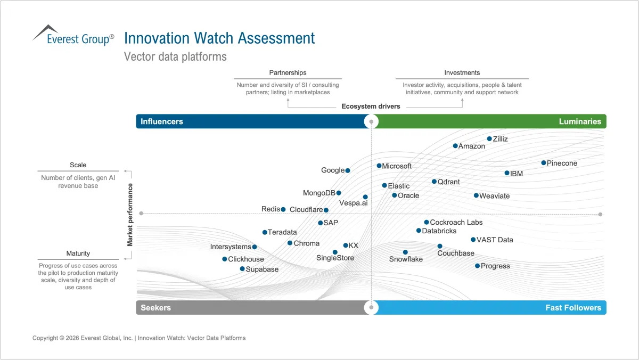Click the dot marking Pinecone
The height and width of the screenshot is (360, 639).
pos(544,163)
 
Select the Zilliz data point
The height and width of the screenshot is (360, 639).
pos(489,139)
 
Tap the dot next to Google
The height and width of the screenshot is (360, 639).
pos(347,170)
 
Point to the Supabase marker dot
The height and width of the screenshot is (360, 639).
pos(242,269)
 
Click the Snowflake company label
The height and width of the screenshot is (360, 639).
pos(406,259)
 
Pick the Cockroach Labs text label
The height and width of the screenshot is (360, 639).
pos(456,222)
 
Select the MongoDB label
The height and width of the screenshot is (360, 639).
pos(319,193)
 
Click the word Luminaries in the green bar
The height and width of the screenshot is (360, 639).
pos(580,121)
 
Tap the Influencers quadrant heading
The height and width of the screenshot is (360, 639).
pos(162,121)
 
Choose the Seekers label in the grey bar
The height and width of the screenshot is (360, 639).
pos(155,307)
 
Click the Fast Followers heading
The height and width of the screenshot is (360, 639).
pos(574,307)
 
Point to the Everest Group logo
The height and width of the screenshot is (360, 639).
pos(73,35)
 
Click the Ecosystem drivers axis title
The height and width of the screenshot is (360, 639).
pos(371,107)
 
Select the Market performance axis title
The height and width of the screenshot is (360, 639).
pos(130,215)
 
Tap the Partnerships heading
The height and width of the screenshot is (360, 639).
pos(288,73)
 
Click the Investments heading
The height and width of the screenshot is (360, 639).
pos(462,73)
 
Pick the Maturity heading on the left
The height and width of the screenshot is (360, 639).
pos(78,253)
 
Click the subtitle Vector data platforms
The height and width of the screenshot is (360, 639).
pos(175,56)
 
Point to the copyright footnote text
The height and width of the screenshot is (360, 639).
pos(139,338)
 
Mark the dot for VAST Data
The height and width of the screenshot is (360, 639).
pos(473,240)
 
